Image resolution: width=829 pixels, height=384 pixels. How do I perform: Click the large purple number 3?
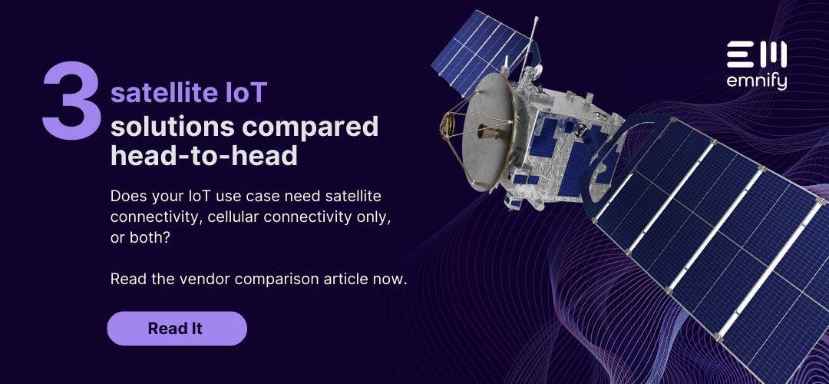tap(71, 103)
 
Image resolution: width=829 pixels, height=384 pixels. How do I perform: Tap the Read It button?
tap(177, 329)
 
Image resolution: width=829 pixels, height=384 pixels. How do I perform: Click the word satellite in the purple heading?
tap(154, 93)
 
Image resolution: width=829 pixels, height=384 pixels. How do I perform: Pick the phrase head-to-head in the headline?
tap(203, 156)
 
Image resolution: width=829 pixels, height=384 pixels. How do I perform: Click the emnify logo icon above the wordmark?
tap(756, 55)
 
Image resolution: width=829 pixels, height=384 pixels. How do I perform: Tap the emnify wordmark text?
tap(756, 81)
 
